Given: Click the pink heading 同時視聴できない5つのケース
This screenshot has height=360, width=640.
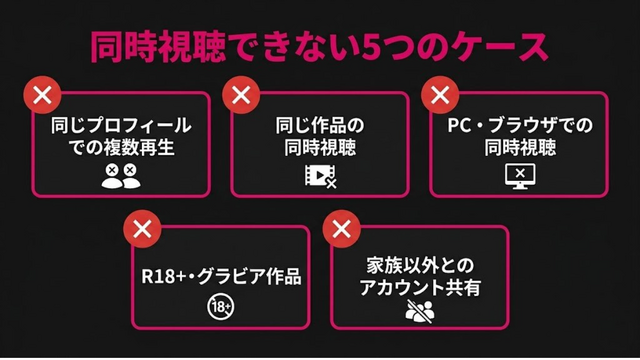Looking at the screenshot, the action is click(x=319, y=47).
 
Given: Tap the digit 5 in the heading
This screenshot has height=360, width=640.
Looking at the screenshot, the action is click(x=371, y=47).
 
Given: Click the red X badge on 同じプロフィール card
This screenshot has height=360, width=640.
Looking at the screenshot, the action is click(x=42, y=95).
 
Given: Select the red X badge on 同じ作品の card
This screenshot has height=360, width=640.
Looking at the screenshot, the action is click(x=241, y=95).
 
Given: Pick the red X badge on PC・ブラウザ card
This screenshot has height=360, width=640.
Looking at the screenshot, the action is click(x=440, y=95).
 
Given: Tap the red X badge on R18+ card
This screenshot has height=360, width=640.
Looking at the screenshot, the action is click(x=142, y=229).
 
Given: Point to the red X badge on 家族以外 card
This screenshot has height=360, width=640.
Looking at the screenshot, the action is click(x=341, y=229).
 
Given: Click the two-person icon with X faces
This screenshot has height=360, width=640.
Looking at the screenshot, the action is click(x=121, y=176).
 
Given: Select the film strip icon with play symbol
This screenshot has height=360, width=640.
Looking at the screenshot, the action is click(x=321, y=176).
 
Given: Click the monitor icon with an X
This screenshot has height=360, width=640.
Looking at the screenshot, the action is click(x=520, y=176).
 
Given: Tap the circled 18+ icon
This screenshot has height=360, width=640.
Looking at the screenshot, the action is click(x=220, y=307).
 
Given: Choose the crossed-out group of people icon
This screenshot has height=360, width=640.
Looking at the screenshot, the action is click(x=420, y=311).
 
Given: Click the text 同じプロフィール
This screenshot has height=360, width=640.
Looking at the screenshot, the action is click(x=121, y=125).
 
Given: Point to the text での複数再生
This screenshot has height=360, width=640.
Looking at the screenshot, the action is click(x=122, y=147).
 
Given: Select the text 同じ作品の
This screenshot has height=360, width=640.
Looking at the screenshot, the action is click(x=320, y=125).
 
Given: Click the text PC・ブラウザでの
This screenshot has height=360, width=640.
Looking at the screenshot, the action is click(x=520, y=125).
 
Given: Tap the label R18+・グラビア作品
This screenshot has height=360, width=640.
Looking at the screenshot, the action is click(x=221, y=276).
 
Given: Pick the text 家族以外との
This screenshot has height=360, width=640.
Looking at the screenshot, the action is click(x=420, y=266).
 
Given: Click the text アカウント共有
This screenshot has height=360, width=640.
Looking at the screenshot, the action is click(x=420, y=287).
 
